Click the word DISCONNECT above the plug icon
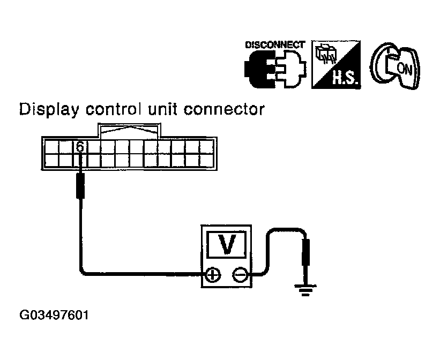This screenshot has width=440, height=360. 275,45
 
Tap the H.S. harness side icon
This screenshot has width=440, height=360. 336,64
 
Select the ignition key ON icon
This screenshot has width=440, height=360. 396,66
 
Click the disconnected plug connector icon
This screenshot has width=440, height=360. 275,68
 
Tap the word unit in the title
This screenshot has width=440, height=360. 163,109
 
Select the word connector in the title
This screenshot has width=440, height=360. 224,109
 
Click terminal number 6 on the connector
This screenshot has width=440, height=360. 80,147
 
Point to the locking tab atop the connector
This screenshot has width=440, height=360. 129,130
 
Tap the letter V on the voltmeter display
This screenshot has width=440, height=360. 227,244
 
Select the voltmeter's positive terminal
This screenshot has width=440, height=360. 213,274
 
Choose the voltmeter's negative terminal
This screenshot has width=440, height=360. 240,274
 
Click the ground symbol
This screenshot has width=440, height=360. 305,290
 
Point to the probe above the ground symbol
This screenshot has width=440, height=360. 305,252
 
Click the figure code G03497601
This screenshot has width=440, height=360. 54,315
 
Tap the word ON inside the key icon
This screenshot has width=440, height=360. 405,68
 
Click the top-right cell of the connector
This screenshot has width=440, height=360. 206,147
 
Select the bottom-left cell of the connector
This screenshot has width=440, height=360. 51,160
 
